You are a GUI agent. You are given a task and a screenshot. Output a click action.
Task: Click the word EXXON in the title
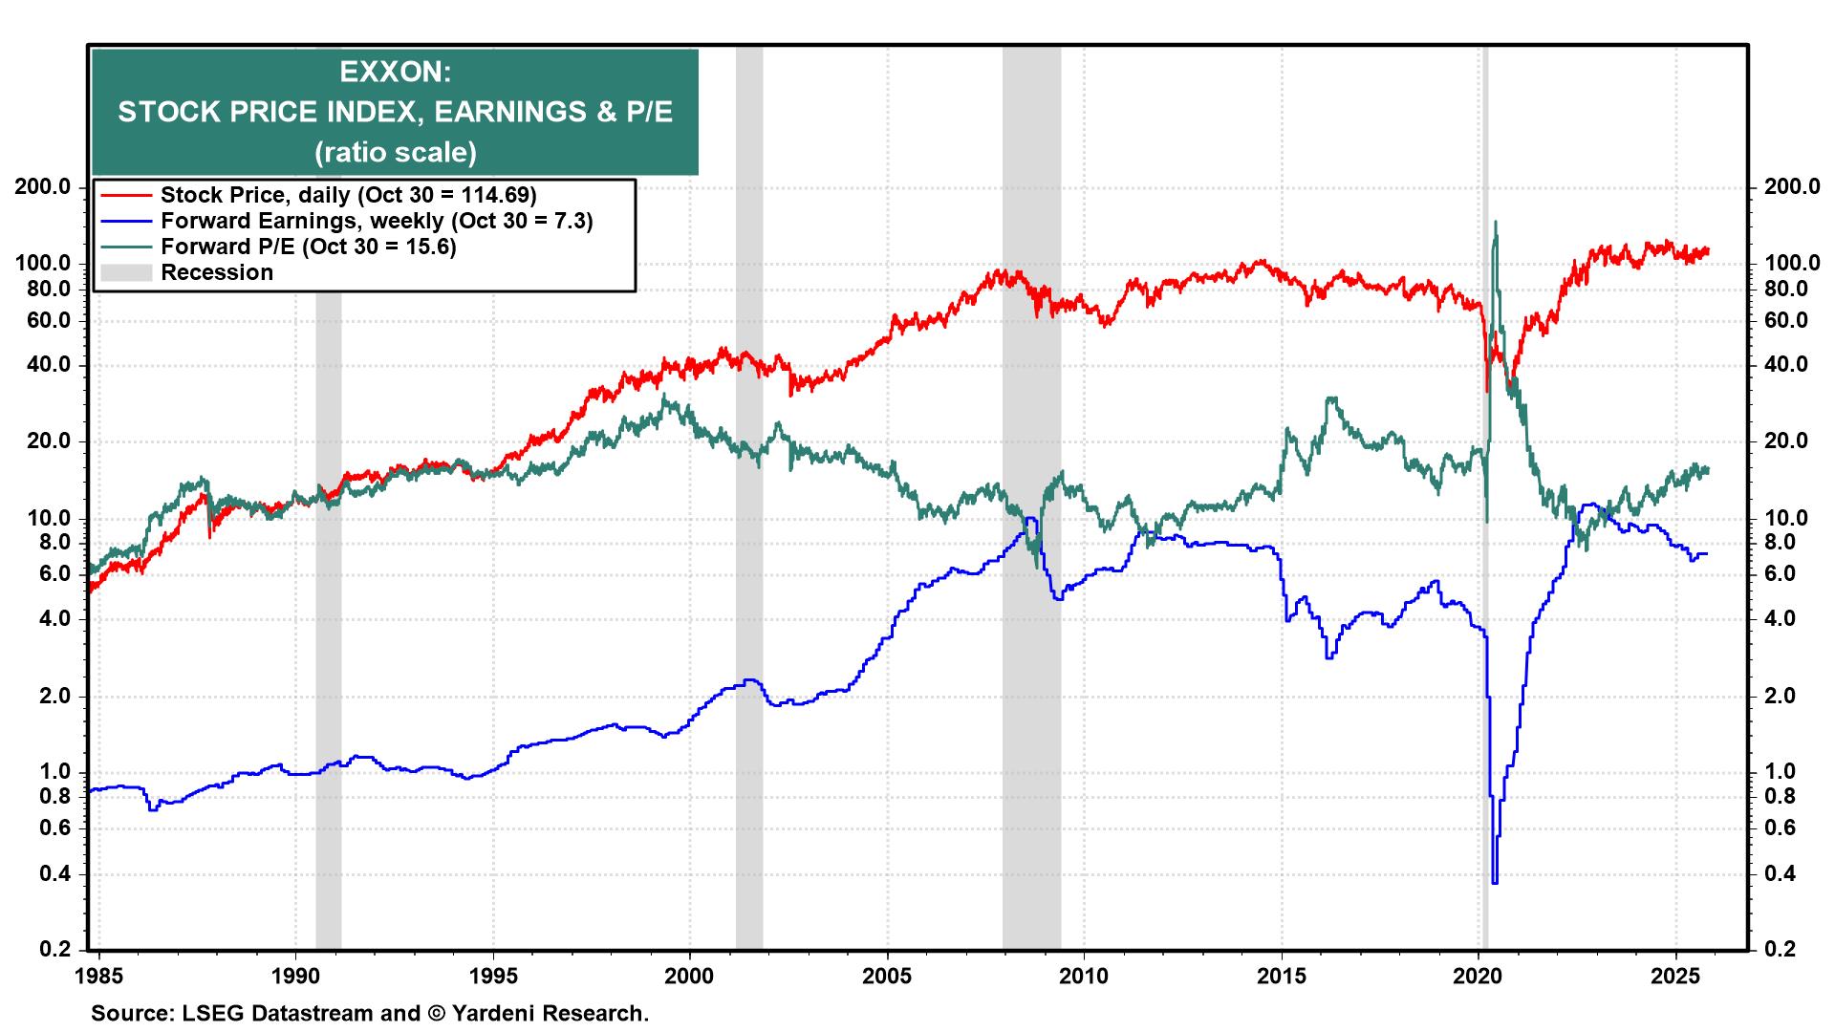click(395, 72)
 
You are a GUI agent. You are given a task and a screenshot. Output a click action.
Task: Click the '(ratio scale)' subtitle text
click(395, 152)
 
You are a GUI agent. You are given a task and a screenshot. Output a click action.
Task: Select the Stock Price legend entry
click(348, 195)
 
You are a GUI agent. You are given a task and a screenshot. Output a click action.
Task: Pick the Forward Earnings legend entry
click(377, 221)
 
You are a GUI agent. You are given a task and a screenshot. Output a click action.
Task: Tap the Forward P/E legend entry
click(308, 247)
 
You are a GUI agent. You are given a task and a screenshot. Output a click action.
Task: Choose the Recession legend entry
click(217, 272)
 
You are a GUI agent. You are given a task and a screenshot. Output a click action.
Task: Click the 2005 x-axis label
click(888, 977)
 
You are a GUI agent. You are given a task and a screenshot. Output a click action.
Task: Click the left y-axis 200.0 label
click(44, 186)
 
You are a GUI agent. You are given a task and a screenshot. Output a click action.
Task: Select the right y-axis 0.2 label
click(1779, 949)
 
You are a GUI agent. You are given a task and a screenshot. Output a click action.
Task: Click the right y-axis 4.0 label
click(1779, 618)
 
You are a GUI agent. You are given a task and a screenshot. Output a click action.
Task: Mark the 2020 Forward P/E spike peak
click(1495, 223)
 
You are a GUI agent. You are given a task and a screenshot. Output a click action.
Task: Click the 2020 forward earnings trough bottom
click(1494, 882)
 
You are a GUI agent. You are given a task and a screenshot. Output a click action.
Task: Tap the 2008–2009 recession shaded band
click(1031, 669)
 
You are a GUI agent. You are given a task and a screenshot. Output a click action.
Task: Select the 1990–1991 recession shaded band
click(328, 669)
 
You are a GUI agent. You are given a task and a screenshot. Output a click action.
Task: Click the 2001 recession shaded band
click(749, 669)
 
